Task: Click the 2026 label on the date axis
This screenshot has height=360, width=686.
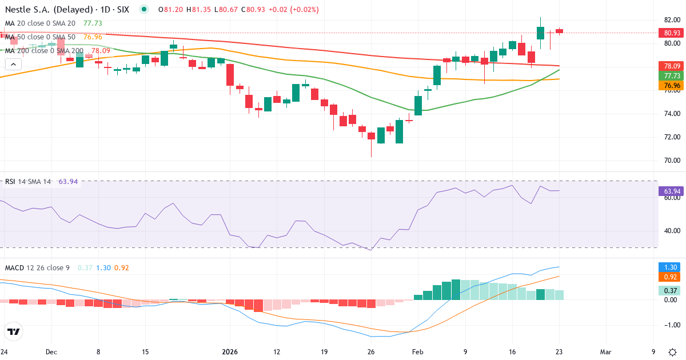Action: point(230,351)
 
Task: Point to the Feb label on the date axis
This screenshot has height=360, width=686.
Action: point(418,351)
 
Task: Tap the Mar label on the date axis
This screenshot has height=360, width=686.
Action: point(605,351)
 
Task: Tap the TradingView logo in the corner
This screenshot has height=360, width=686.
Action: point(14,331)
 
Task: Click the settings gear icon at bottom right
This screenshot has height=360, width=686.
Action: point(673,351)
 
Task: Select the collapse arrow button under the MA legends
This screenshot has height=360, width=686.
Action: point(13,65)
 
